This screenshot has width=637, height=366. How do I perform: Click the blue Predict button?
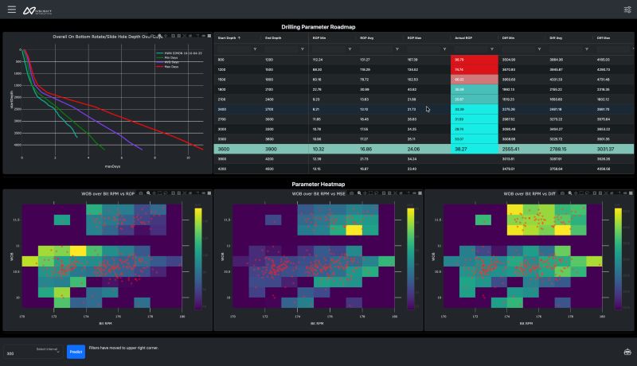(76, 352)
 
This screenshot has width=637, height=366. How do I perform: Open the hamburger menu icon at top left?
(11, 10)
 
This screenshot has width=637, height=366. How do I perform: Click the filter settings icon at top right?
(627, 10)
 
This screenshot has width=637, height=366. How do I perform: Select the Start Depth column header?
(227, 37)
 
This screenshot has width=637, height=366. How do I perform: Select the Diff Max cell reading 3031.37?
(608, 149)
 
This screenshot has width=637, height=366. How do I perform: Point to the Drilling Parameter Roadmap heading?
(318, 26)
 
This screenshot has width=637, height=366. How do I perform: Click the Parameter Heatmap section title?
(318, 184)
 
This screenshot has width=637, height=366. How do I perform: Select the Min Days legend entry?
(171, 56)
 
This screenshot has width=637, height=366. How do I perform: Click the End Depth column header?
(273, 37)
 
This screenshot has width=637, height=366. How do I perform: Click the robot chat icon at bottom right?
(627, 352)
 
